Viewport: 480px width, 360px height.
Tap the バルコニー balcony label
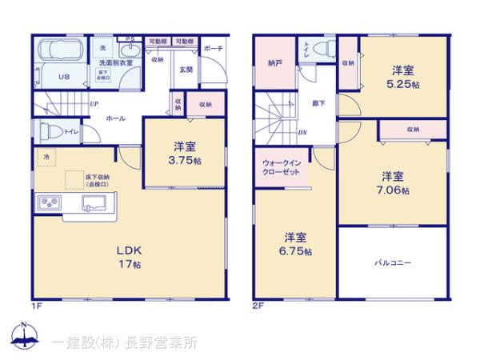tap(392, 262)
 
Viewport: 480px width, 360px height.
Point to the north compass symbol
tap(26, 336)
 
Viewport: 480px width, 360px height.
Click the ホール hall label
tap(114, 118)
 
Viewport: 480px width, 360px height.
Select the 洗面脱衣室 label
tap(115, 62)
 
